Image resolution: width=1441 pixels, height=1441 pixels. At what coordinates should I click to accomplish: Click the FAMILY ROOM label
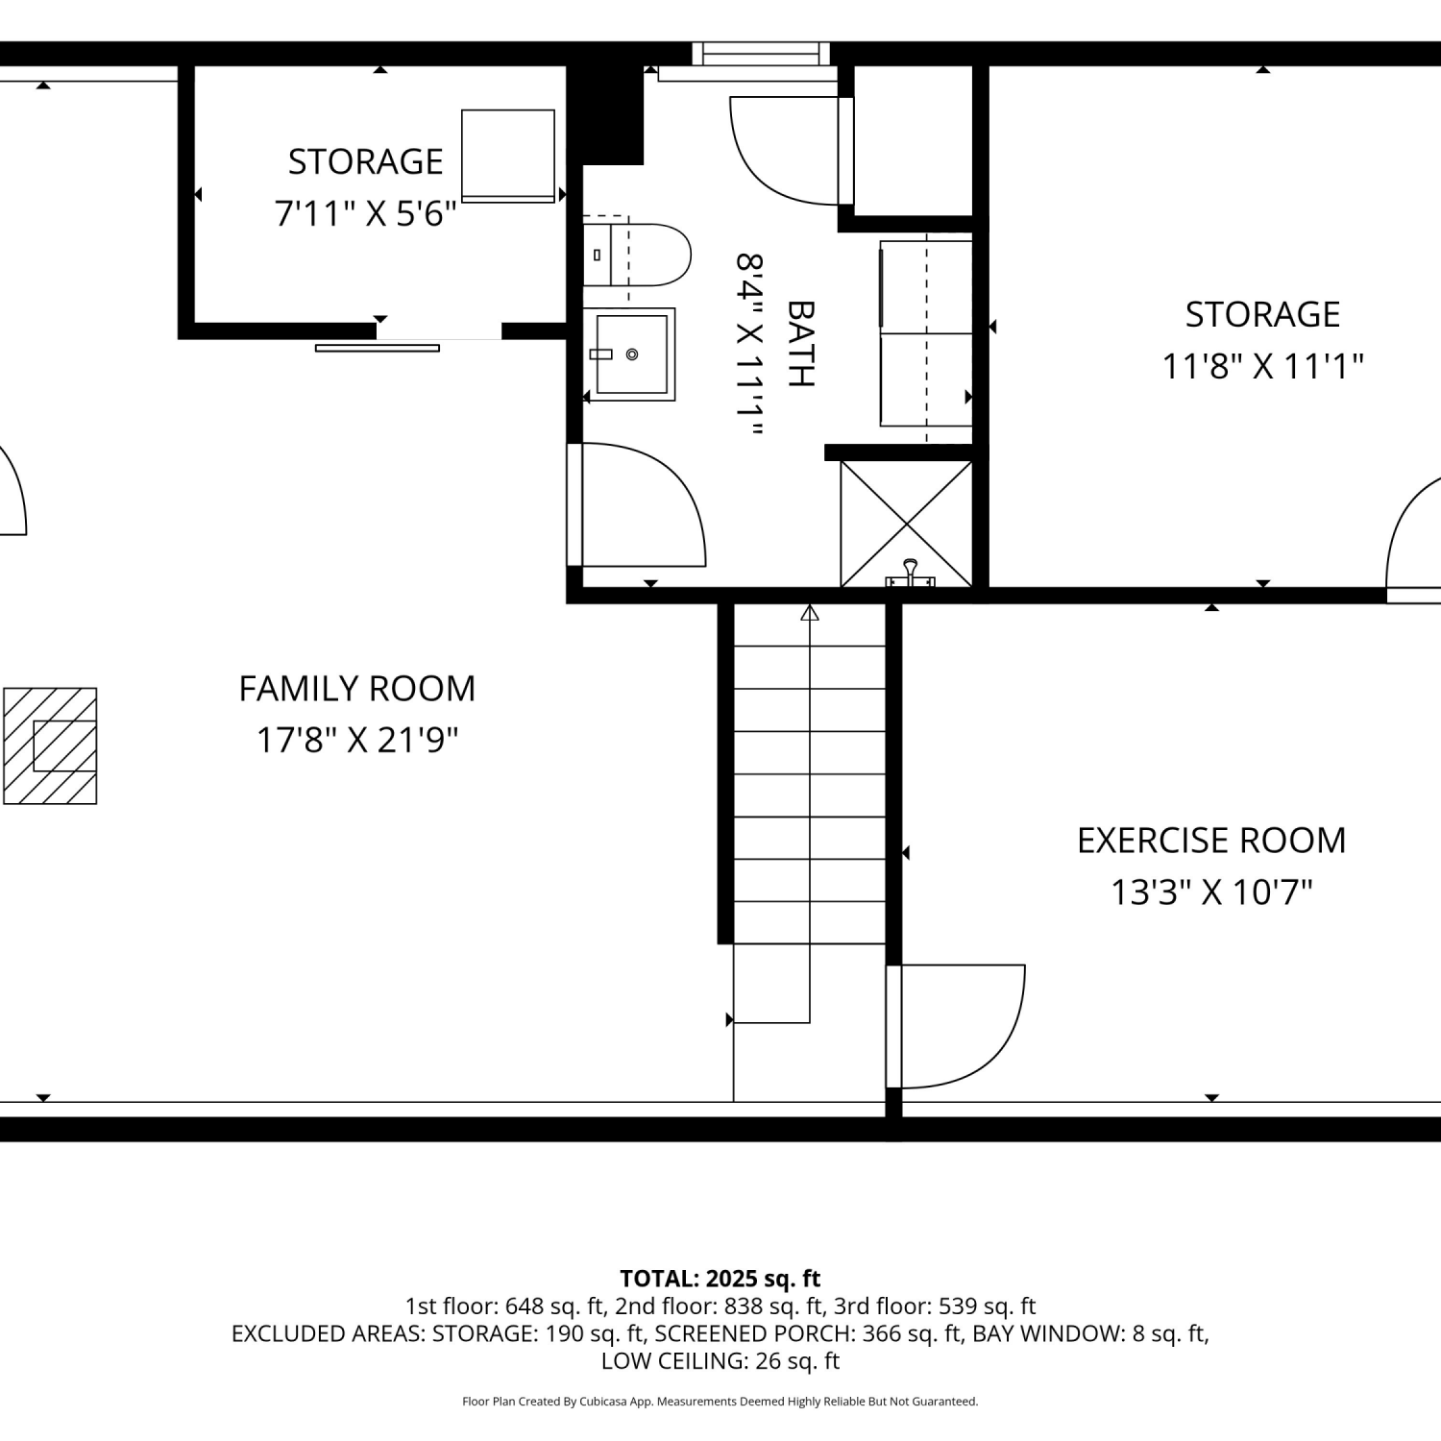pyautogui.click(x=357, y=689)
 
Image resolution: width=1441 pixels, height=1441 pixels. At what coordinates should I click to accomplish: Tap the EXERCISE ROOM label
pyautogui.click(x=1211, y=841)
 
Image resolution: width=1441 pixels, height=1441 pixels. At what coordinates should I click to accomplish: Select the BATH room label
pyautogui.click(x=800, y=344)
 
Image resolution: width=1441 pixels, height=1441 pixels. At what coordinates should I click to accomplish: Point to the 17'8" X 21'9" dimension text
pyautogui.click(x=357, y=741)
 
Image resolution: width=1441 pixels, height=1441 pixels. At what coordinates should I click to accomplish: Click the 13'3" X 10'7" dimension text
pyautogui.click(x=1211, y=892)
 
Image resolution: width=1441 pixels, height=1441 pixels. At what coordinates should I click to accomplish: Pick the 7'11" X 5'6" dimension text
pyautogui.click(x=365, y=213)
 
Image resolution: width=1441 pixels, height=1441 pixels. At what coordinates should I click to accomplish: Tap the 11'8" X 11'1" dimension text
pyautogui.click(x=1262, y=366)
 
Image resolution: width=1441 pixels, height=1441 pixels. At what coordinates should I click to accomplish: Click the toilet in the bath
pyautogui.click(x=638, y=256)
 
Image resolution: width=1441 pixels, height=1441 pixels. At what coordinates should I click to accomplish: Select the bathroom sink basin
pyautogui.click(x=630, y=354)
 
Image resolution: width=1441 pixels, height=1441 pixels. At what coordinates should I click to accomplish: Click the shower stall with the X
pyautogui.click(x=907, y=525)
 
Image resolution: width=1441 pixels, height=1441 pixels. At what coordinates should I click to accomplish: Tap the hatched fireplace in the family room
pyautogui.click(x=50, y=745)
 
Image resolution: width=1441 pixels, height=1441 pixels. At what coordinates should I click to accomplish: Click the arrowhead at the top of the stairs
pyautogui.click(x=810, y=612)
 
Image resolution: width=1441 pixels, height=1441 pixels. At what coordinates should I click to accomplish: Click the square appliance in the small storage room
pyautogui.click(x=508, y=156)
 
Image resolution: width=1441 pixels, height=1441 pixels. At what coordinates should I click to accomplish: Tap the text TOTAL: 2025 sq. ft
pyautogui.click(x=720, y=1279)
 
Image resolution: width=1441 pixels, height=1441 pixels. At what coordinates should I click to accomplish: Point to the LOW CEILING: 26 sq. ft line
pyautogui.click(x=720, y=1361)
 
